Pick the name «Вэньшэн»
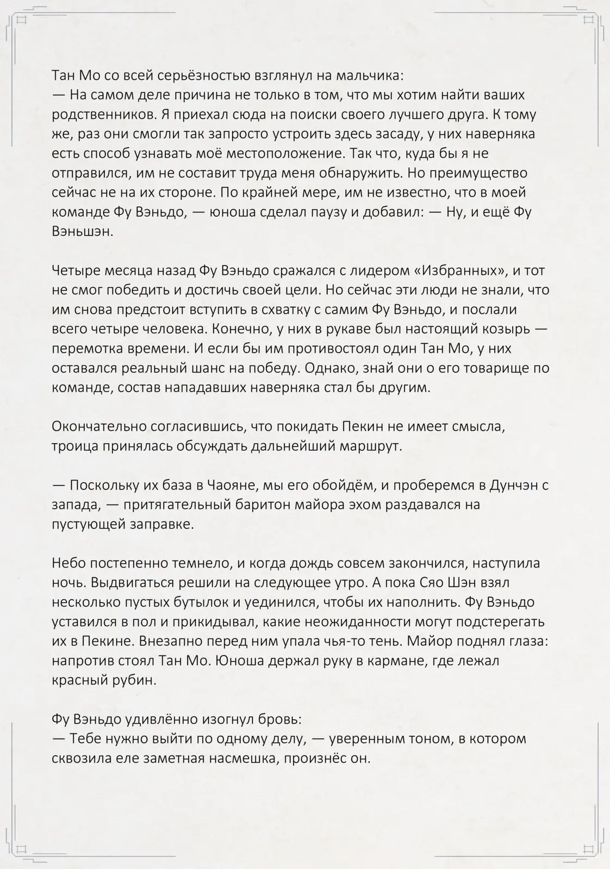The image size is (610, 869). pos(82,231)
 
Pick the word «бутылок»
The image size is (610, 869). pos(185,603)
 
